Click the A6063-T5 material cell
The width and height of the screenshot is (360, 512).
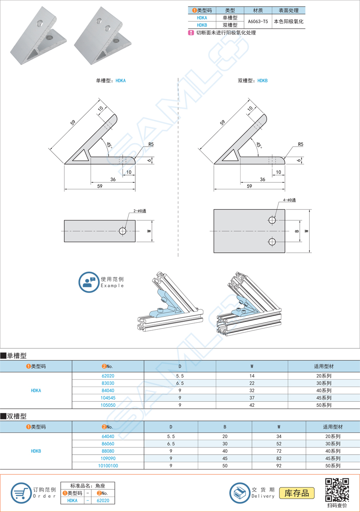click(257, 21)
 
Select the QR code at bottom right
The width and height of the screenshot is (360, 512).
click(337, 490)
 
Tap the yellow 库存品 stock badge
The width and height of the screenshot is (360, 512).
click(297, 493)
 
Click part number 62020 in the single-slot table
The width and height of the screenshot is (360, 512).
click(108, 376)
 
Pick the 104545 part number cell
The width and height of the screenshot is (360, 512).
click(108, 398)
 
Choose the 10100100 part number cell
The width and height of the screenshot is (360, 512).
click(108, 466)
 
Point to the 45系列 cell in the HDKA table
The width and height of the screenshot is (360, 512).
click(324, 398)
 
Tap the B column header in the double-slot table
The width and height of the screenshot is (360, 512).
click(225, 427)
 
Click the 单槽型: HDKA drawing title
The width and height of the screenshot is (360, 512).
click(111, 80)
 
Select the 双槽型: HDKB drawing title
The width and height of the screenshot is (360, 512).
click(253, 80)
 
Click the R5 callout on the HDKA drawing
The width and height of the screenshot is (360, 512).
click(151, 145)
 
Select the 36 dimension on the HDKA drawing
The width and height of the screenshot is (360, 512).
click(113, 179)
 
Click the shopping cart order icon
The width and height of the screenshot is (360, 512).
click(21, 493)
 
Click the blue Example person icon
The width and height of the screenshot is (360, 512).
click(88, 282)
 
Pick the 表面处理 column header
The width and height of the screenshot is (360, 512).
click(288, 11)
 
